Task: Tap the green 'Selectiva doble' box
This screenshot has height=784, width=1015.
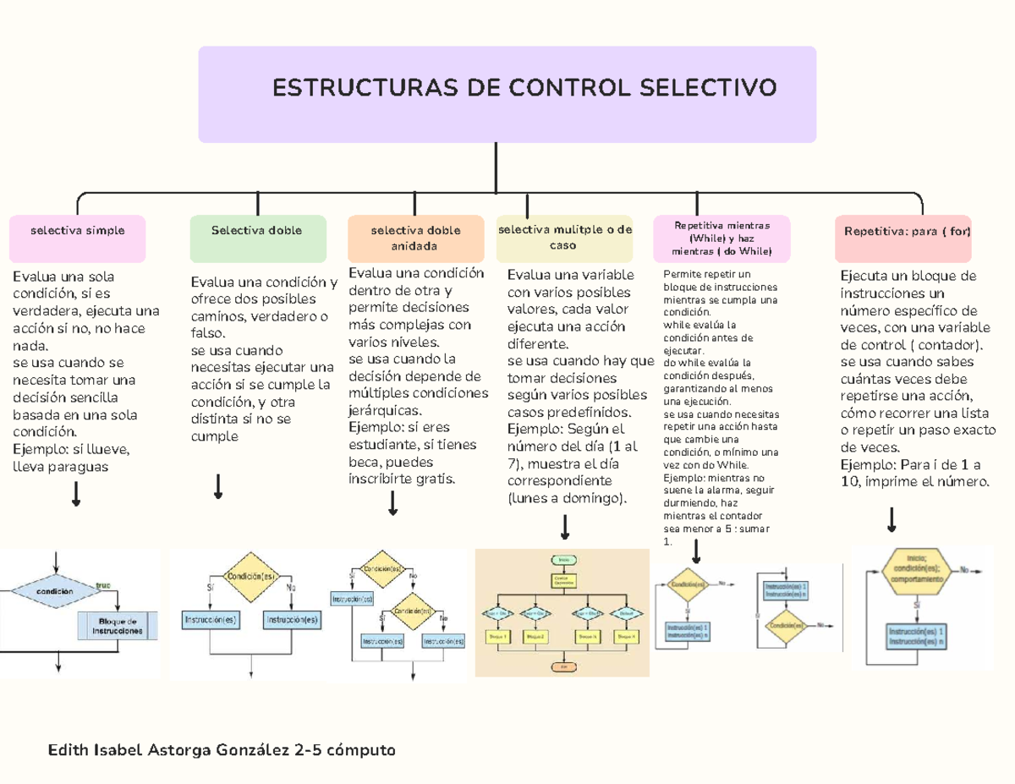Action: (x=257, y=238)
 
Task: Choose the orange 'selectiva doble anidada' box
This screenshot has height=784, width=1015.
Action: (x=414, y=238)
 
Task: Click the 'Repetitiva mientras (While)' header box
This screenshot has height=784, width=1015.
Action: (x=721, y=238)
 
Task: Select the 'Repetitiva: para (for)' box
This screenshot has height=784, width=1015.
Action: (x=903, y=238)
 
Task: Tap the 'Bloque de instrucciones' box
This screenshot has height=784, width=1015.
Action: (x=117, y=626)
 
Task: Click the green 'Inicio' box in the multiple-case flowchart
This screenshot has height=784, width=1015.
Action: (x=562, y=559)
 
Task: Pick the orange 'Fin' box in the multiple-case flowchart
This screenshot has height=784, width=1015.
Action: (x=562, y=666)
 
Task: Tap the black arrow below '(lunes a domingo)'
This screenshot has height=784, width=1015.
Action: (x=565, y=528)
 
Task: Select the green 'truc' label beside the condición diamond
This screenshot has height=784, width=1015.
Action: (x=103, y=584)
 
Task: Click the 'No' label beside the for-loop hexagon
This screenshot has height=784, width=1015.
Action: (x=965, y=570)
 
